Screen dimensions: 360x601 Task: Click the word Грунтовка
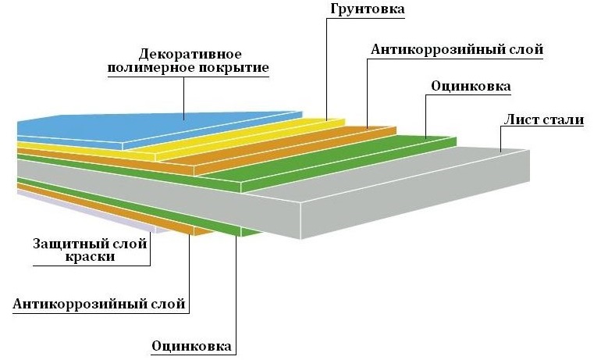(361, 11)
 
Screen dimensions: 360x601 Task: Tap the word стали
(569, 121)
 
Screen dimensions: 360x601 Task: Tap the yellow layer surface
(234, 137)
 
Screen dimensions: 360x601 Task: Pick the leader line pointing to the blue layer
(184, 98)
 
